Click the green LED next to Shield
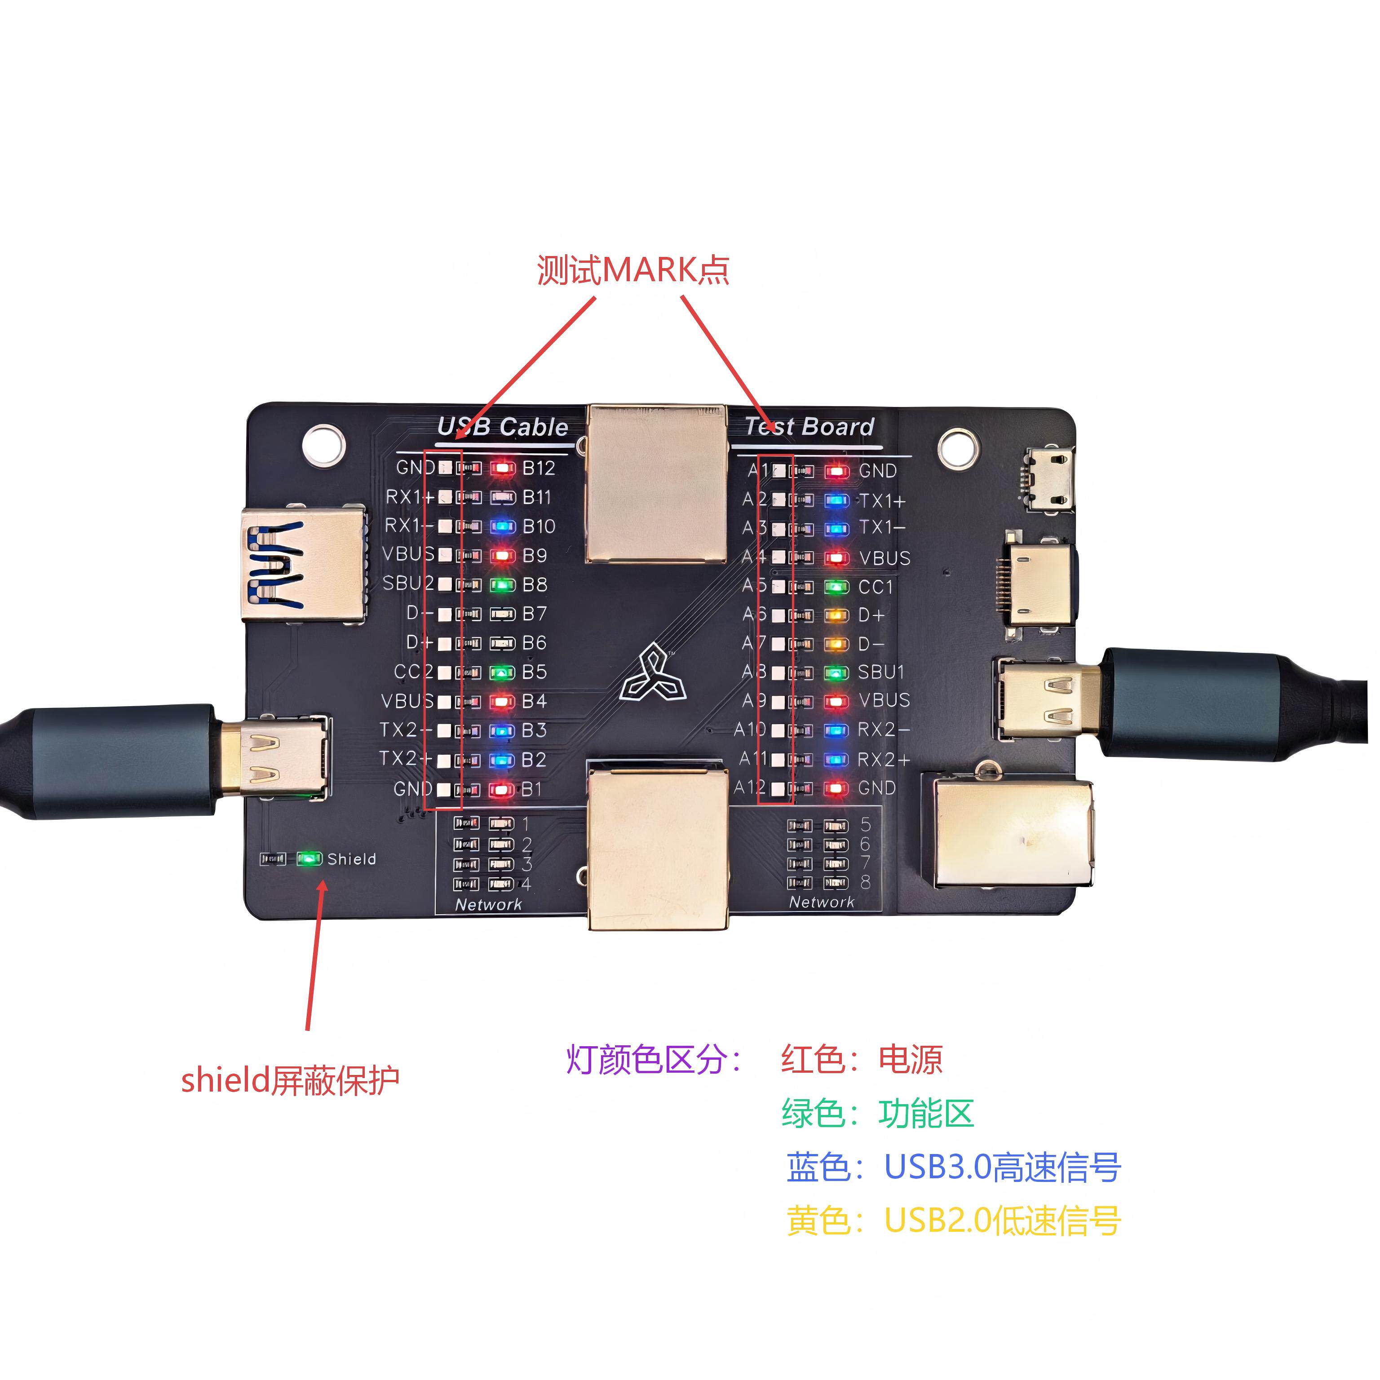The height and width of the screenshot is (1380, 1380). tap(309, 858)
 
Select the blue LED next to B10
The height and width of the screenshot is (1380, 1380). tap(503, 527)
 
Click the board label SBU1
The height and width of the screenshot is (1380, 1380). tap(881, 672)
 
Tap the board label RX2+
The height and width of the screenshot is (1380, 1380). tap(884, 759)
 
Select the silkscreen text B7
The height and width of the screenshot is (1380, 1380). tap(534, 614)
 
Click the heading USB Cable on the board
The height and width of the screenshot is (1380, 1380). tap(503, 427)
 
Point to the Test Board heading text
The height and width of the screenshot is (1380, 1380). tap(809, 426)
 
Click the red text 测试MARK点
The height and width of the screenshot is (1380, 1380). tap(633, 270)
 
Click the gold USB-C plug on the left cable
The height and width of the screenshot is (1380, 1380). tap(275, 757)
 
